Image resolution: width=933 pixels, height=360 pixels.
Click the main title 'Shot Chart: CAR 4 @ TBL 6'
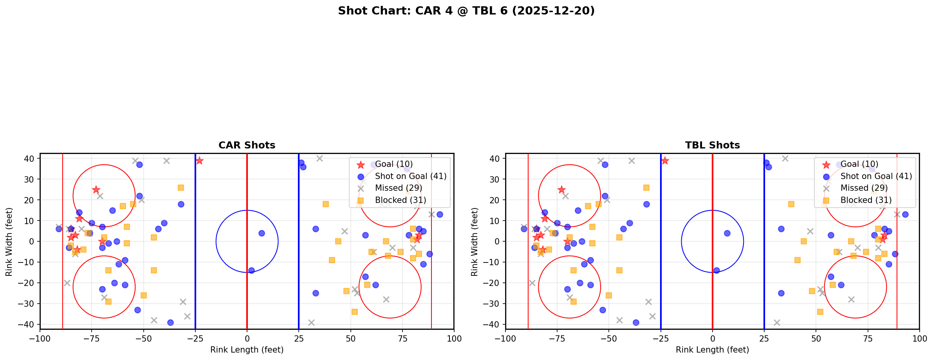coord(466,11)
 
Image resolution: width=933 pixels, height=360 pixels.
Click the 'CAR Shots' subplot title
coord(247,145)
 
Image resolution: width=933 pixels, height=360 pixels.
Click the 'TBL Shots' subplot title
coord(712,145)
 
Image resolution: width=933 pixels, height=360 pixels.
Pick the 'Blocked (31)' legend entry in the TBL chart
coord(866,200)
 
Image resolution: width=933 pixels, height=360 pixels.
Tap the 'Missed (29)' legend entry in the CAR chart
coord(398,188)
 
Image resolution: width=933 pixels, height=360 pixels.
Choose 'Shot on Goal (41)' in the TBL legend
coord(876,176)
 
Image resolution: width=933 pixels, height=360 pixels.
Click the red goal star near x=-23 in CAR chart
coord(199,161)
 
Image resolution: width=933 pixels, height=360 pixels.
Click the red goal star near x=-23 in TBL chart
coord(665,161)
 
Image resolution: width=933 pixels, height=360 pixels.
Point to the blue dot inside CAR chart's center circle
coord(262,233)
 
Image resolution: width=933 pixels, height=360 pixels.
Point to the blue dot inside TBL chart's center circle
coord(727,233)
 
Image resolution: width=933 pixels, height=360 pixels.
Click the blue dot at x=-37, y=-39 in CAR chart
coord(170,322)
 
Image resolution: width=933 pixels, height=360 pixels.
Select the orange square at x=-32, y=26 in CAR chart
coord(181,188)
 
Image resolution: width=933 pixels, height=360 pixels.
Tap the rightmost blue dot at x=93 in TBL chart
coord(905,214)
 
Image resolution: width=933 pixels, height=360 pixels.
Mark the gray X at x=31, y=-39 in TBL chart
coord(777,322)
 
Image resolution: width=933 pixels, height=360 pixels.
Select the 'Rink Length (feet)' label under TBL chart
coord(712,350)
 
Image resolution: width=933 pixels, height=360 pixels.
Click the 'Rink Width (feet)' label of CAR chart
coord(9,242)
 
